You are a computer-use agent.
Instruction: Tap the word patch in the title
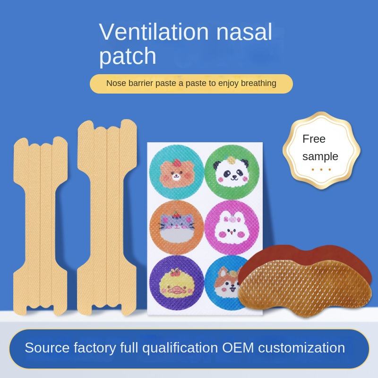point(128,56)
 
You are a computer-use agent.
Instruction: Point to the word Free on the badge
point(314,139)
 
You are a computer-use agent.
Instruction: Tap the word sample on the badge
point(320,156)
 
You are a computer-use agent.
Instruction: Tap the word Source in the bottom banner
point(47,348)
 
